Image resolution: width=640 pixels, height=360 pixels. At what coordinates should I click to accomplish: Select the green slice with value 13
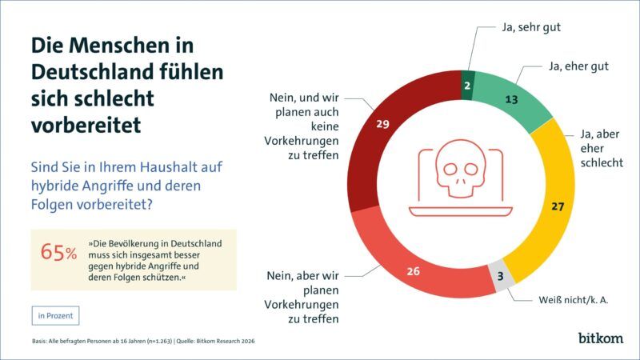(512, 102)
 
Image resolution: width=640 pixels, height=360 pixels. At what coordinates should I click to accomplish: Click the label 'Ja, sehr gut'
(530, 27)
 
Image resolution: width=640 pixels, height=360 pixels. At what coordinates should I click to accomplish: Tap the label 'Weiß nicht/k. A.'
(573, 302)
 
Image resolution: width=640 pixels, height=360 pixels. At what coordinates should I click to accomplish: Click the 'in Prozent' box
(56, 315)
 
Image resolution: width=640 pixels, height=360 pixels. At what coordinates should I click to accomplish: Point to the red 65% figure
(58, 253)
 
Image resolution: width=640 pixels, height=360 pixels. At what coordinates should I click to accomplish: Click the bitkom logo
(600, 338)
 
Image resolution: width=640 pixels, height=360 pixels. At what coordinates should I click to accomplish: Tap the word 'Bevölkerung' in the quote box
(131, 242)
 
